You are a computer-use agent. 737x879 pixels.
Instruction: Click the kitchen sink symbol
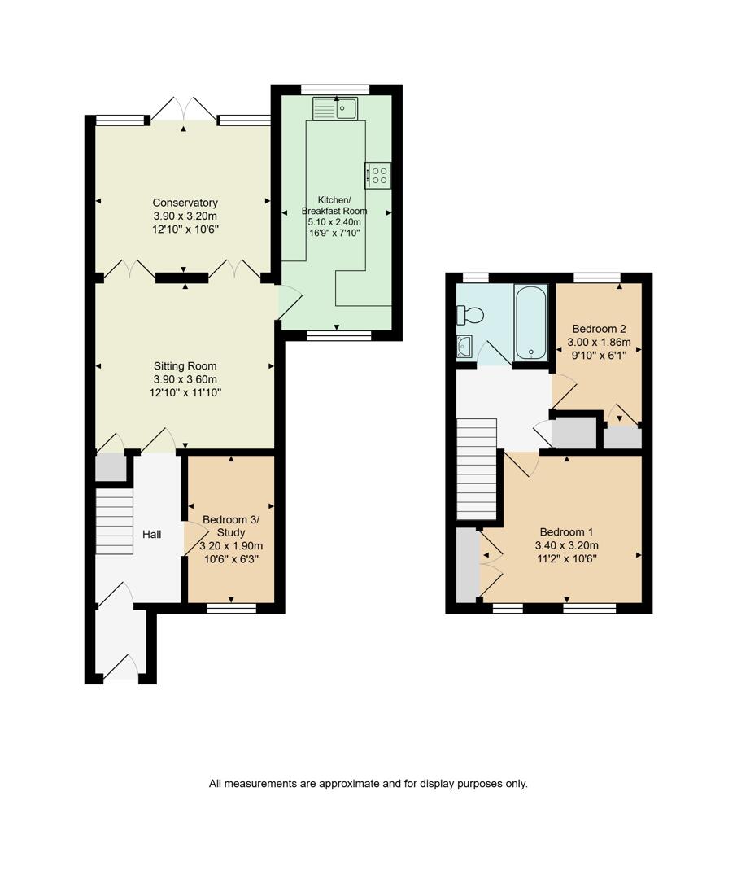(x=335, y=108)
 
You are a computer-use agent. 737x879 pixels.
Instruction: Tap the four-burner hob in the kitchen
(x=378, y=176)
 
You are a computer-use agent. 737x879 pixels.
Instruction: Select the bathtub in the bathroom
(x=531, y=321)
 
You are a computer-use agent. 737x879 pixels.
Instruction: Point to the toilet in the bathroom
(x=471, y=314)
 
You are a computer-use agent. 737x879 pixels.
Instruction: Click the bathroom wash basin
(x=464, y=347)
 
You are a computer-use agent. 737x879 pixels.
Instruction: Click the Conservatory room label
(x=185, y=203)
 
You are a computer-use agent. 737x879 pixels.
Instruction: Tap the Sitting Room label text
(x=185, y=366)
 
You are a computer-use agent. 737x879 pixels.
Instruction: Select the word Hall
(x=152, y=535)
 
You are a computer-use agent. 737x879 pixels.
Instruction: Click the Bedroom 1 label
(x=566, y=532)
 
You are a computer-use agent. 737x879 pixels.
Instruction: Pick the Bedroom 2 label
(x=600, y=329)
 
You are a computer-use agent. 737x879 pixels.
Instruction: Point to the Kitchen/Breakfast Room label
(x=334, y=205)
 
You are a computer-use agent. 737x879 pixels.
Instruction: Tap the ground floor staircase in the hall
(x=114, y=521)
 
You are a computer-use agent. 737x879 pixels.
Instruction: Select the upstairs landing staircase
(x=476, y=469)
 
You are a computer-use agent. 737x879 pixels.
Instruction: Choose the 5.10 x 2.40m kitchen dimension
(x=334, y=221)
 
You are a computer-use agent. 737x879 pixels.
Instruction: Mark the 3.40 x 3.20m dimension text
(x=566, y=545)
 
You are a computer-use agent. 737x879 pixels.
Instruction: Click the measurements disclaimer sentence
(x=368, y=784)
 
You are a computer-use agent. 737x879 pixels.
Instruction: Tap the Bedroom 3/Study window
(x=231, y=608)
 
